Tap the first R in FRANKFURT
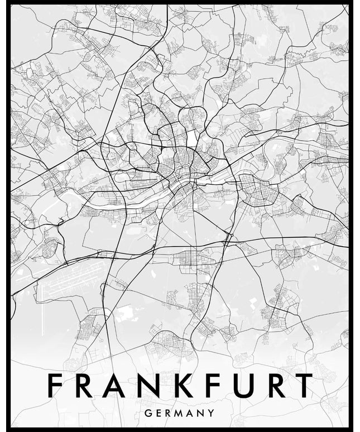click(x=86, y=386)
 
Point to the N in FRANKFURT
click(x=153, y=386)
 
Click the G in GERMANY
click(x=147, y=414)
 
